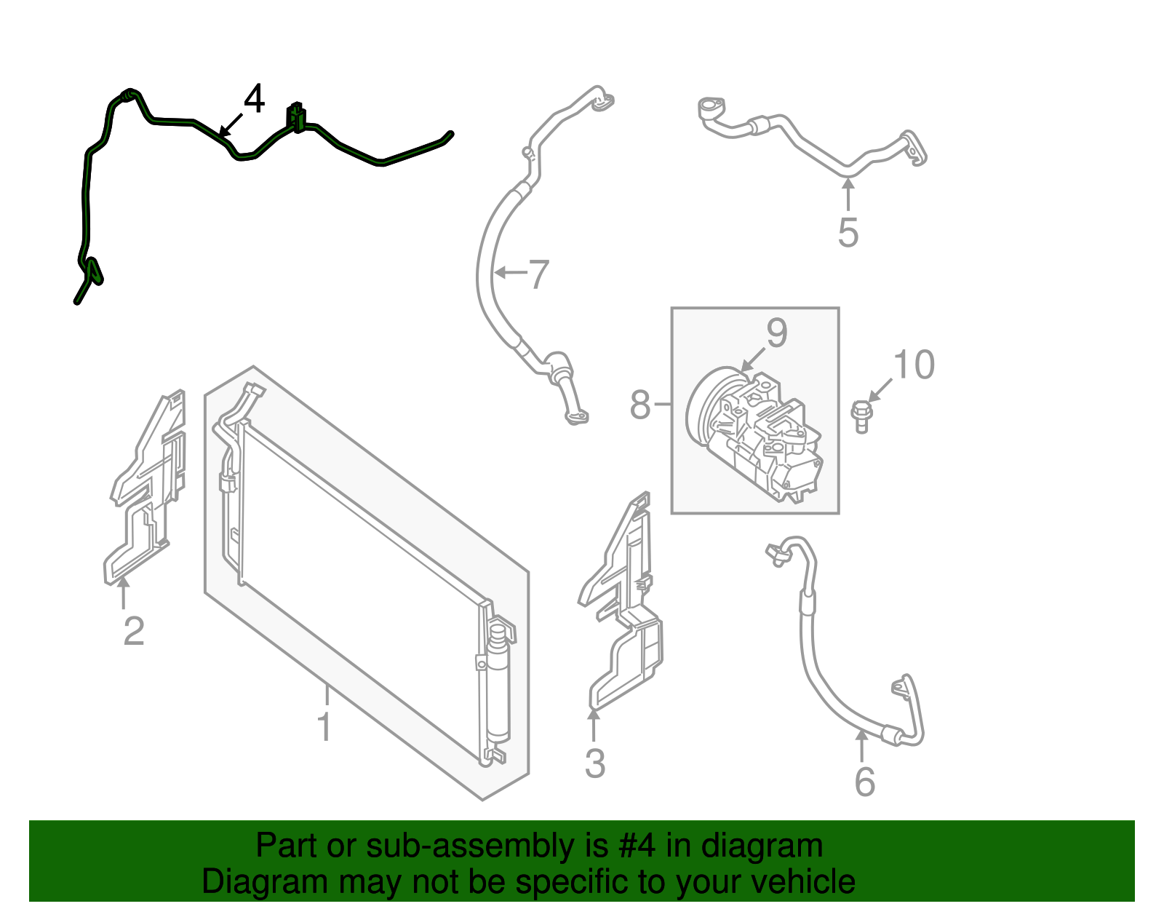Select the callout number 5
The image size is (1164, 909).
[x=848, y=232]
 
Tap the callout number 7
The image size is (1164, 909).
[x=538, y=274]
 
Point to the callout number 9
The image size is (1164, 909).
[x=777, y=333]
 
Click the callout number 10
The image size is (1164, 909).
[x=913, y=365]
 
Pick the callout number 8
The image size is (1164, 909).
[x=640, y=405]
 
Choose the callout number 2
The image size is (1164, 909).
[x=134, y=631]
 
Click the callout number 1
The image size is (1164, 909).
[x=324, y=727]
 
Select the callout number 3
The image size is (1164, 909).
[x=595, y=763]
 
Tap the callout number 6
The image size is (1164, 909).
[x=865, y=782]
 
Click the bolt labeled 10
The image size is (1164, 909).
[x=861, y=417]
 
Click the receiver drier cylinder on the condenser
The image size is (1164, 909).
[x=498, y=683]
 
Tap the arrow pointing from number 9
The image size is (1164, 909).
[x=753, y=359]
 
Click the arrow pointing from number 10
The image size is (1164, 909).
[x=880, y=390]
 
